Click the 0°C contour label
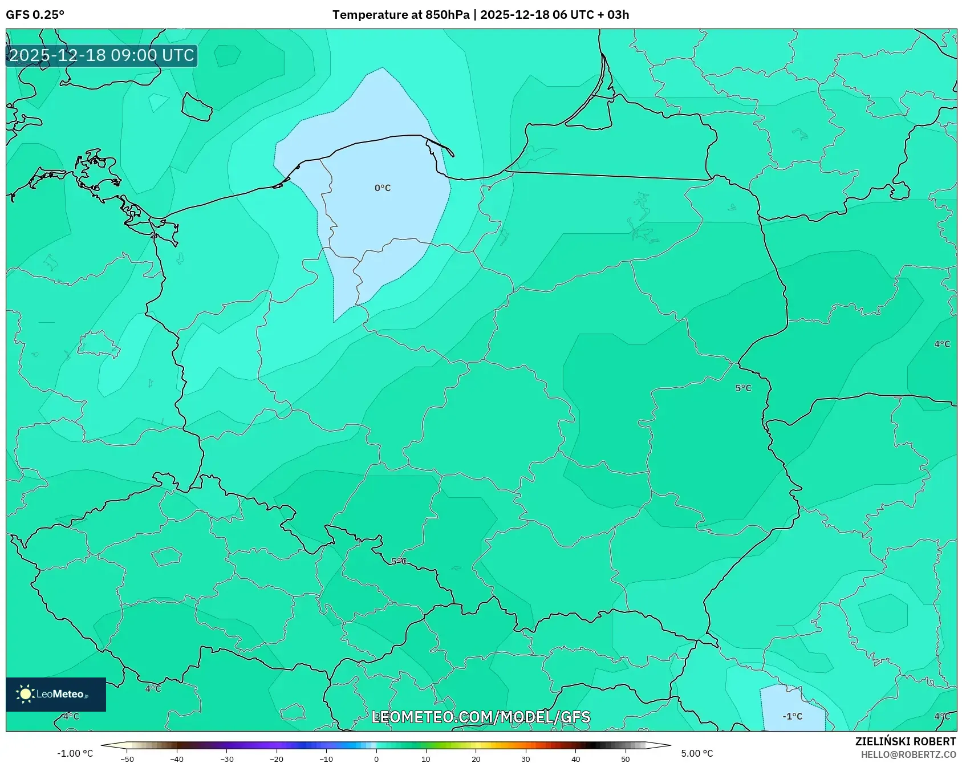pos(383,188)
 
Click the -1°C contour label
pos(792,716)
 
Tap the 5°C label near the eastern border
pos(743,388)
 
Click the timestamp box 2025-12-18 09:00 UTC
pos(102,55)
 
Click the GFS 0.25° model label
pos(35,15)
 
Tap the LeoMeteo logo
pos(56,694)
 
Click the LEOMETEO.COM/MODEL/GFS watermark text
pos(481,717)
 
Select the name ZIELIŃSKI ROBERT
pos(905,741)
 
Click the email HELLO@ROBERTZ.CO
pos(908,754)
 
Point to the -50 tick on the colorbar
pos(127,758)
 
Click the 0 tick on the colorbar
pos(376,758)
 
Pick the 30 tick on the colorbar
pos(526,758)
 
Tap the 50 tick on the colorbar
pos(626,758)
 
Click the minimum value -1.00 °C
pos(75,753)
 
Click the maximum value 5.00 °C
pos(697,753)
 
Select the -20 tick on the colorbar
pos(277,758)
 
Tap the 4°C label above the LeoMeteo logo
pos(153,688)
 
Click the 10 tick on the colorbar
pos(426,758)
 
